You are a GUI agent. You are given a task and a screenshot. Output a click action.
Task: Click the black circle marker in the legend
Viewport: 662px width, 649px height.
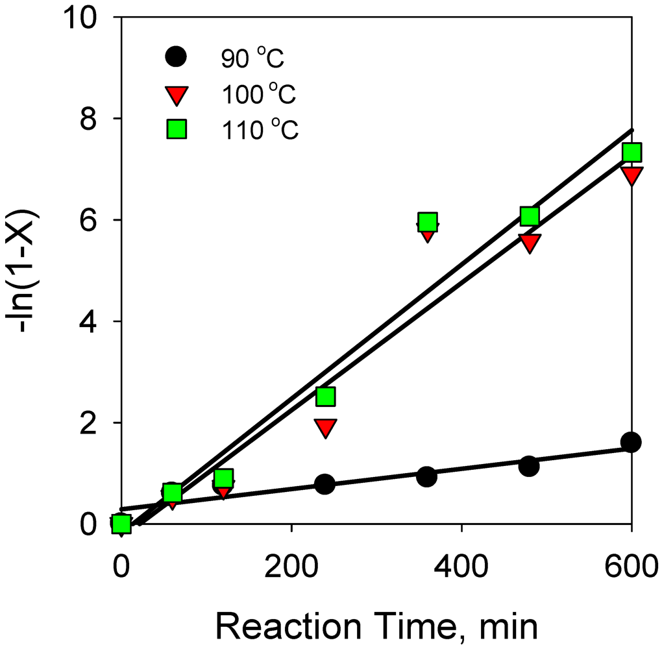point(175,58)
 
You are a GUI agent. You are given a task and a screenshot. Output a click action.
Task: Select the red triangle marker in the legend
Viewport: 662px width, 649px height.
point(175,95)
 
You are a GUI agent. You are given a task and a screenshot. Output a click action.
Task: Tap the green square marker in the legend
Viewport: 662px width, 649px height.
point(175,130)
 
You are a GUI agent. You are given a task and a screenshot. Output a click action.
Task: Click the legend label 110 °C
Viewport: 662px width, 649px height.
point(258,130)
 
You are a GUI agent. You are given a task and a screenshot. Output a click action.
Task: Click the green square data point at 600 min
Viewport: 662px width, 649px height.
point(631,152)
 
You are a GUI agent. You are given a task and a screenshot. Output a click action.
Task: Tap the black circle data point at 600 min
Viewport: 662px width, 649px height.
point(631,442)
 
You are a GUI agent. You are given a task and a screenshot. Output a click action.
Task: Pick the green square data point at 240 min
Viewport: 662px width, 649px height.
point(325,396)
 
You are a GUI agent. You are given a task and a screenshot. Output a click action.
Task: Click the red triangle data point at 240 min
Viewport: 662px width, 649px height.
point(325,427)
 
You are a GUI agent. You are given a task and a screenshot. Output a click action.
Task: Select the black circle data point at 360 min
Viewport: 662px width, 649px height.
point(426,476)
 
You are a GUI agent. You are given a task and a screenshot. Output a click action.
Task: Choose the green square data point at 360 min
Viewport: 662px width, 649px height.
point(427,222)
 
